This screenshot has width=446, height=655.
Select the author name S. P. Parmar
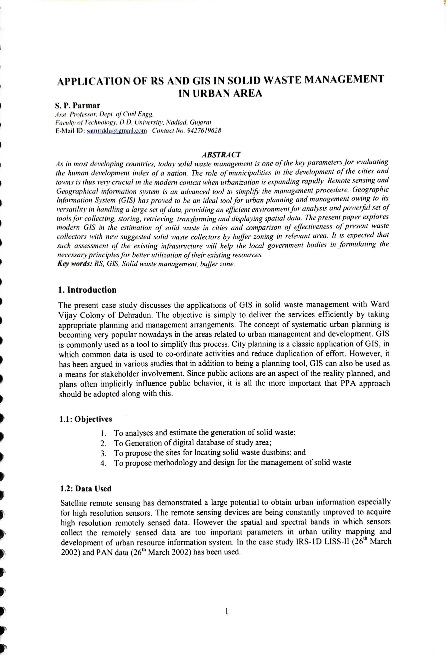[x=78, y=106]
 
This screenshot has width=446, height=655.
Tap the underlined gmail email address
[x=117, y=131]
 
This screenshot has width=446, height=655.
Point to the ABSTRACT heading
[x=221, y=154]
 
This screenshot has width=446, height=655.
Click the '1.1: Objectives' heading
[x=85, y=419]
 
